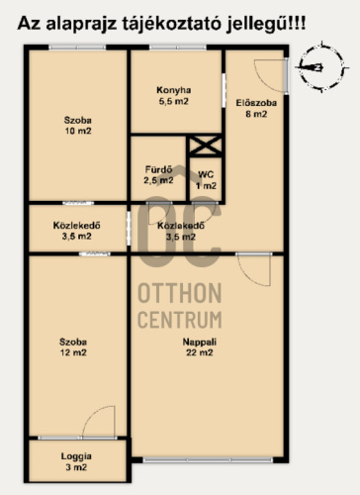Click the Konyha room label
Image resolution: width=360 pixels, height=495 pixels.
tap(174, 96)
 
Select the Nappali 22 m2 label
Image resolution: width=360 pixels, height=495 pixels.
tap(200, 347)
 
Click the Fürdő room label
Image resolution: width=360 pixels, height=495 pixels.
tap(158, 175)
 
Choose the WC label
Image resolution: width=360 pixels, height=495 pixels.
tap(206, 180)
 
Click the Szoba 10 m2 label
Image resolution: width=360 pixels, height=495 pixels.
tap(78, 126)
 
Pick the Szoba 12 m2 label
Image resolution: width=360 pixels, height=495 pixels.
tap(73, 347)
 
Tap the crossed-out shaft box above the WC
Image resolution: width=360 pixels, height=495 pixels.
tap(206, 146)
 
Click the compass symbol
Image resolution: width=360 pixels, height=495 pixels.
tap(321, 67)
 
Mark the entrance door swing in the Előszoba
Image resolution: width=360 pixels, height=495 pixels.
tap(271, 75)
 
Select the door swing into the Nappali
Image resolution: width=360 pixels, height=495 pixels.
tap(254, 269)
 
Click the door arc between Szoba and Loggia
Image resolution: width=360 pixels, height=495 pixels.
tap(99, 422)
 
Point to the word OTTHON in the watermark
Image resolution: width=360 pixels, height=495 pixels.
tap(179, 293)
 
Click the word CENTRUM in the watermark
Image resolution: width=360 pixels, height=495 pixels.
tap(179, 320)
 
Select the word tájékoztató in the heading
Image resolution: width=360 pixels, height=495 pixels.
tap(171, 24)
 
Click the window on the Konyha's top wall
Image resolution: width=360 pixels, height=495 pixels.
tap(178, 48)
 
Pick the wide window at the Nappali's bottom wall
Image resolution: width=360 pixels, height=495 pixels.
tap(208, 459)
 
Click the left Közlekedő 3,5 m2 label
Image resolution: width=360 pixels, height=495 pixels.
tap(76, 231)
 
